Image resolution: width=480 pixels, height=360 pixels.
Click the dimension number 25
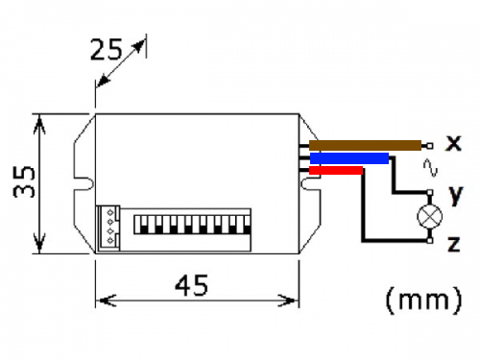(x=107, y=50)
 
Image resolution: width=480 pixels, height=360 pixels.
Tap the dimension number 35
(x=24, y=181)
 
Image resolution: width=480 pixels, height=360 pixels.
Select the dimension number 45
(x=192, y=285)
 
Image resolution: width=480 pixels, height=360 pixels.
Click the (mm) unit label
(x=424, y=300)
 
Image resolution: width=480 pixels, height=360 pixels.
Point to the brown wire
(x=365, y=145)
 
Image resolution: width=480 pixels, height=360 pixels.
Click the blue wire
(x=349, y=158)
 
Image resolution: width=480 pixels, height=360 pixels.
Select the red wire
(x=336, y=170)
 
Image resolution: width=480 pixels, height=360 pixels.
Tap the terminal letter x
(x=454, y=143)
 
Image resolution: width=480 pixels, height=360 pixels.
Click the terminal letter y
(x=456, y=195)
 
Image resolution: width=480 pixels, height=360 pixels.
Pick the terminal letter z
(x=454, y=244)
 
